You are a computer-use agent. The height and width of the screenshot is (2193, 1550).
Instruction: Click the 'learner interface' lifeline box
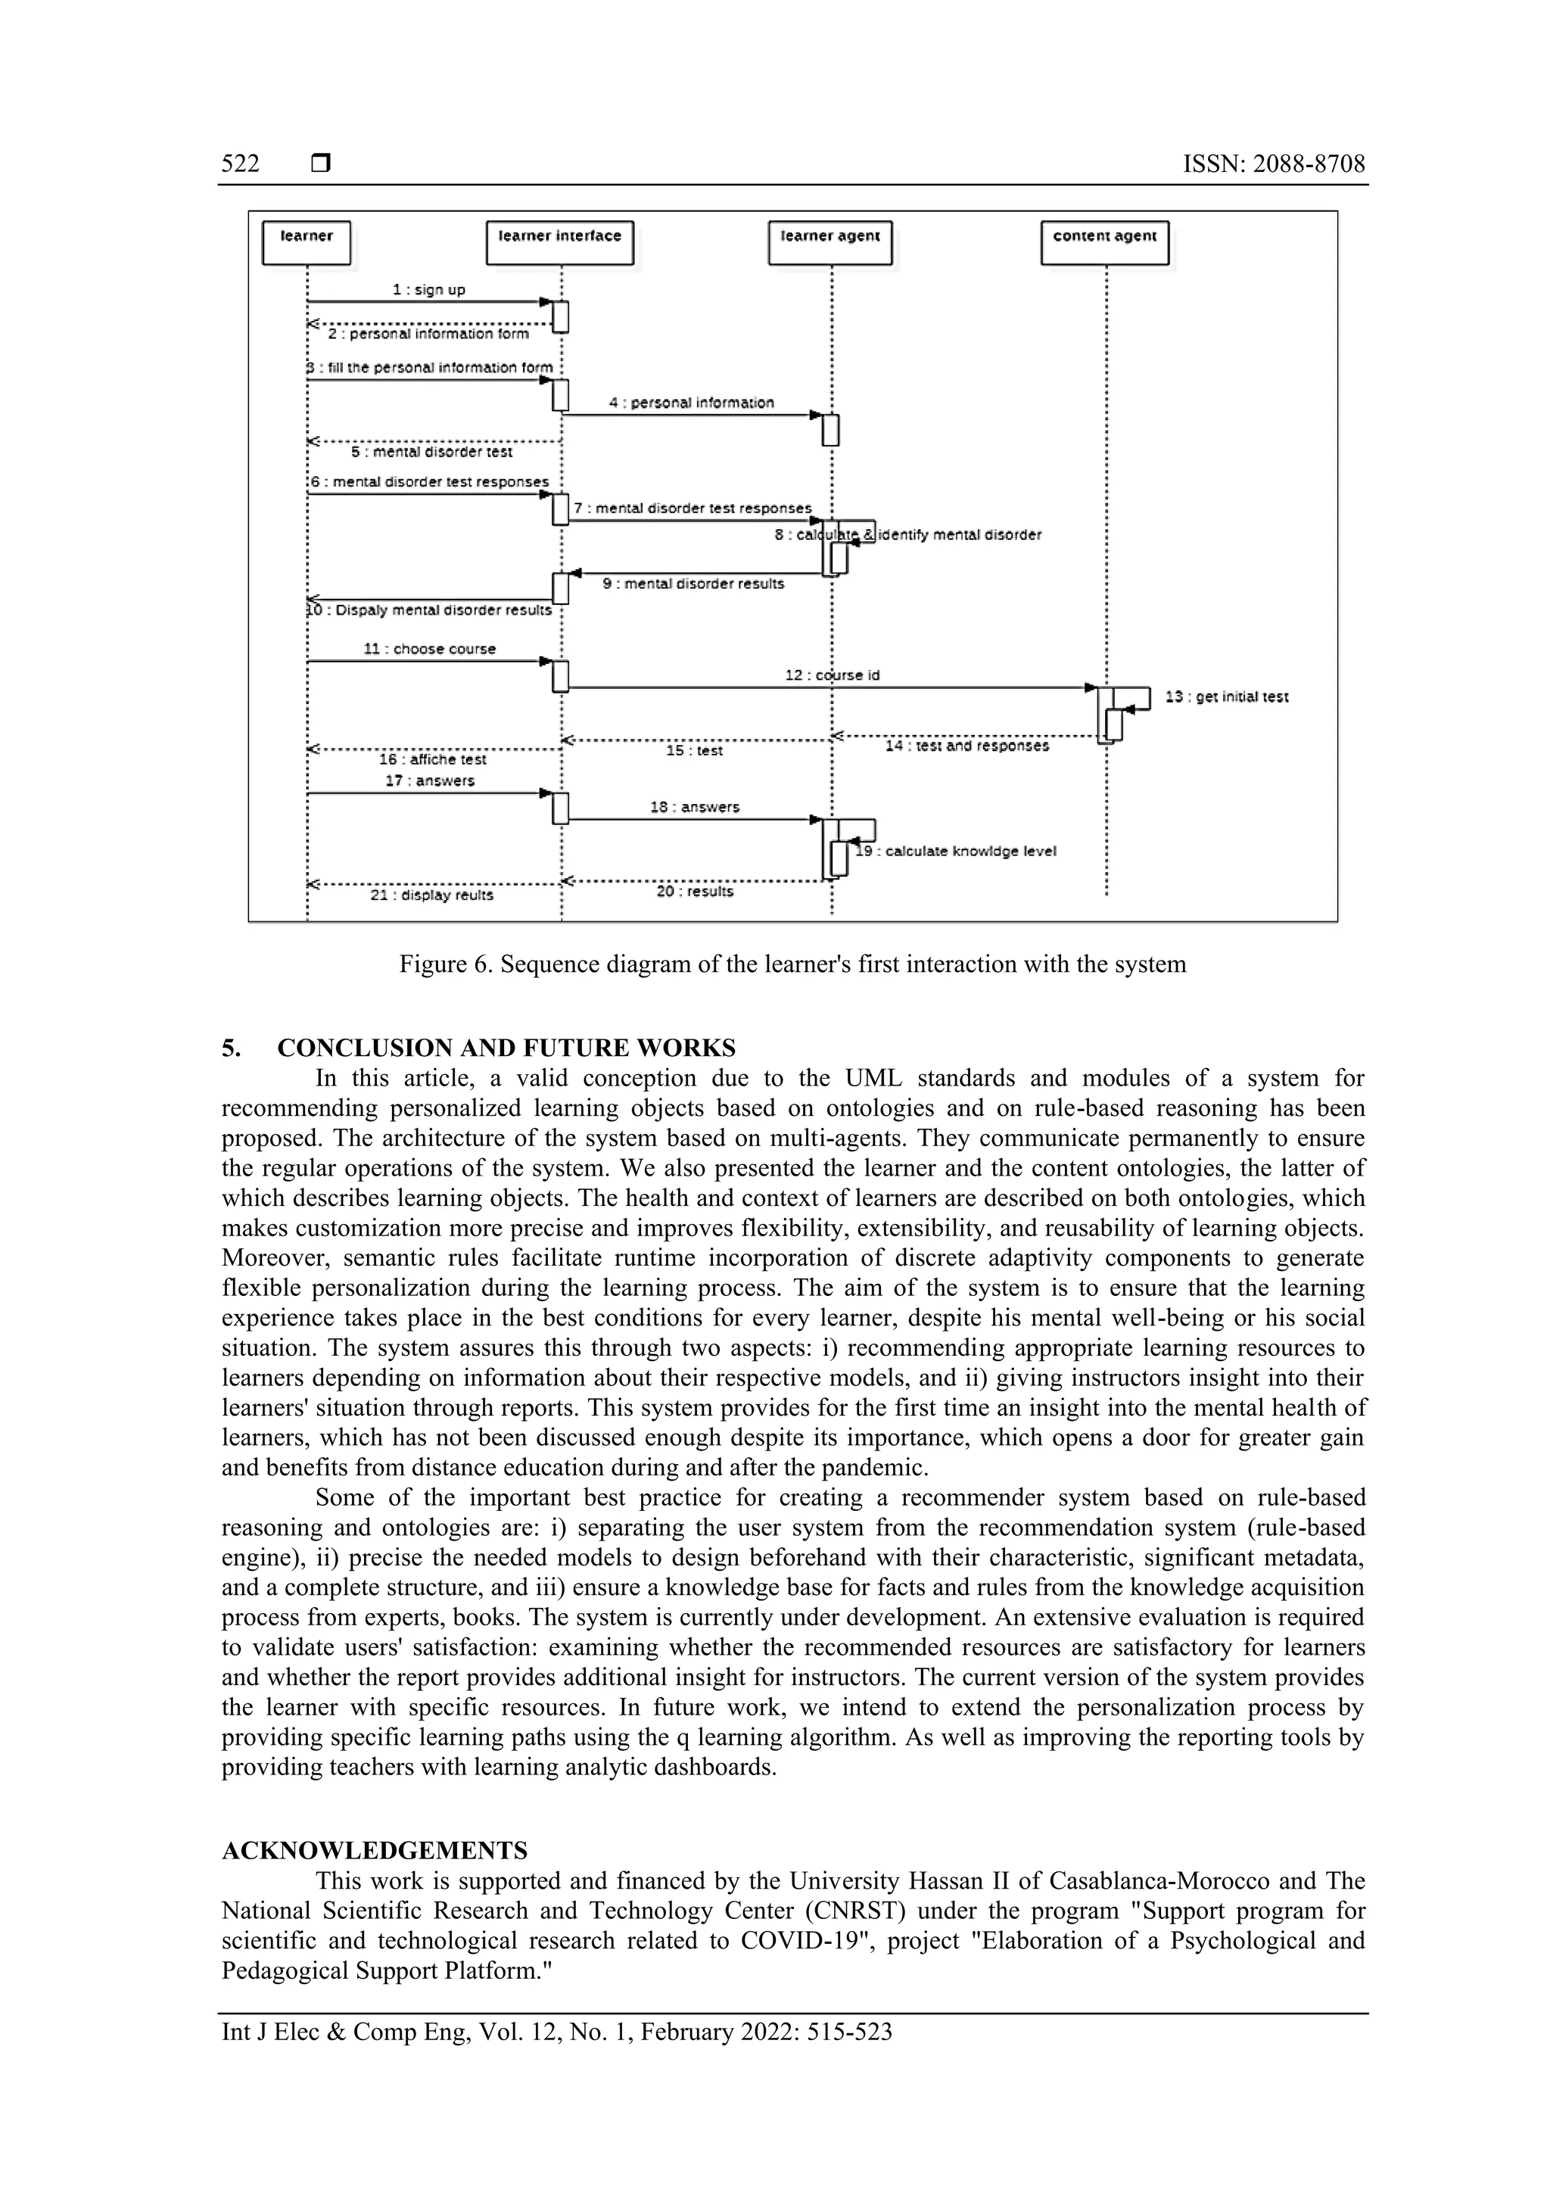click(x=559, y=241)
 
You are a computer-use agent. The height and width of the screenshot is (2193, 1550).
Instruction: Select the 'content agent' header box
click(x=1104, y=241)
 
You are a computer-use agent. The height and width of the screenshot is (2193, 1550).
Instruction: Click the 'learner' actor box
click(x=307, y=241)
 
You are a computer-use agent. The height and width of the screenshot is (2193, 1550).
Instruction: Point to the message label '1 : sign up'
click(x=429, y=289)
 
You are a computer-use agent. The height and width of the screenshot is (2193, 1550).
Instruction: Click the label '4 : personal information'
click(x=692, y=403)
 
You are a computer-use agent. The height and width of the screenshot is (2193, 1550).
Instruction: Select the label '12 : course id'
click(x=832, y=675)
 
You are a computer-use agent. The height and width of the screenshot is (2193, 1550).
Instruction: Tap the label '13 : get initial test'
click(x=1226, y=697)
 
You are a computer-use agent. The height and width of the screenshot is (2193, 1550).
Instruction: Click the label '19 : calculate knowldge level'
click(x=956, y=851)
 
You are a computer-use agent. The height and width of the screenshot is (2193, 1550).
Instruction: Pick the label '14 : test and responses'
click(x=966, y=746)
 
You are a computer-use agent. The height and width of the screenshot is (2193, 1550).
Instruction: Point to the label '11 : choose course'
click(x=430, y=649)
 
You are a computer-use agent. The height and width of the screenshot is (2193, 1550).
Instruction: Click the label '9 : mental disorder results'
click(x=693, y=584)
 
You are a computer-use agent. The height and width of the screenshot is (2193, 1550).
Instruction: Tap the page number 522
click(x=241, y=164)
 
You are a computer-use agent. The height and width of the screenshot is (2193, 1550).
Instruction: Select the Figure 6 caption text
click(x=792, y=964)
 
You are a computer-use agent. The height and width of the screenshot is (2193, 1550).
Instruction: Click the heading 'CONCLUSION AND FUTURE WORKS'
click(x=506, y=1048)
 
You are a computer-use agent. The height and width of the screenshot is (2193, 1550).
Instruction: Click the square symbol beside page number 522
click(x=321, y=164)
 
